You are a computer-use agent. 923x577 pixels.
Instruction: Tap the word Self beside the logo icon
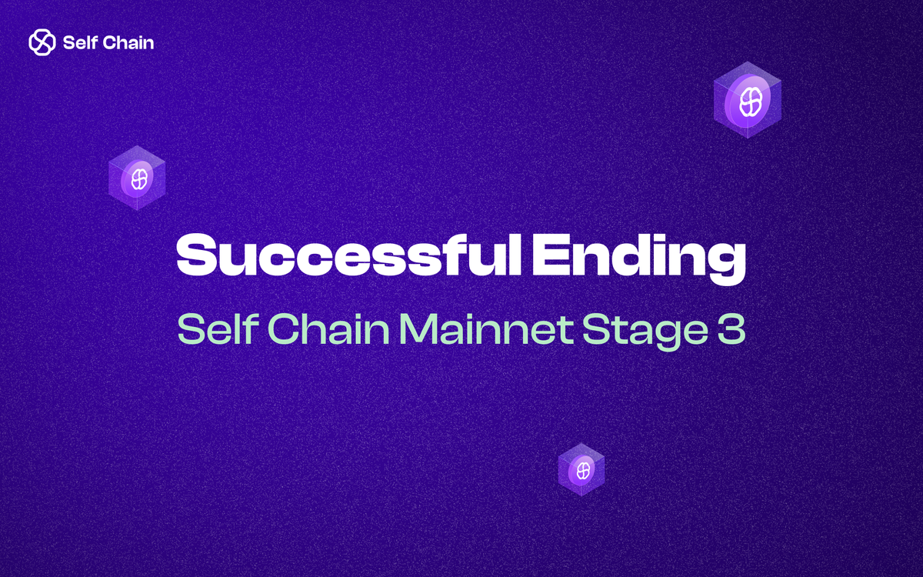(81, 42)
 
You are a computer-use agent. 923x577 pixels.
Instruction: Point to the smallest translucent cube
(581, 469)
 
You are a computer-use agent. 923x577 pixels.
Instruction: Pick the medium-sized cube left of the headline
(137, 178)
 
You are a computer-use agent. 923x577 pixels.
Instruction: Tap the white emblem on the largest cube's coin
(748, 101)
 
